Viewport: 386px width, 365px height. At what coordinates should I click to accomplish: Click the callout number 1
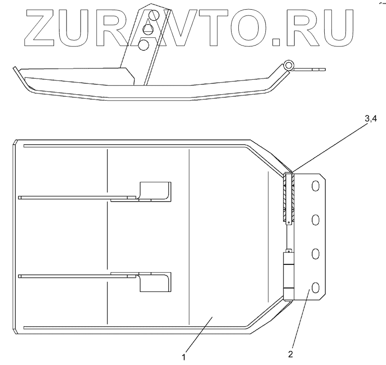pyautogui.click(x=184, y=357)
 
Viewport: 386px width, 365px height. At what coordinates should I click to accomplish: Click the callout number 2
pyautogui.click(x=290, y=353)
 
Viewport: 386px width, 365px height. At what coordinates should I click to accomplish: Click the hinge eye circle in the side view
pyautogui.click(x=289, y=65)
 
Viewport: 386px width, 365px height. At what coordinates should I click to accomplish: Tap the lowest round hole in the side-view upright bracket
pyautogui.click(x=143, y=45)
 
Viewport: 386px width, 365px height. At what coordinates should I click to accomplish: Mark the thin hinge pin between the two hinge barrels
pyautogui.click(x=288, y=237)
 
